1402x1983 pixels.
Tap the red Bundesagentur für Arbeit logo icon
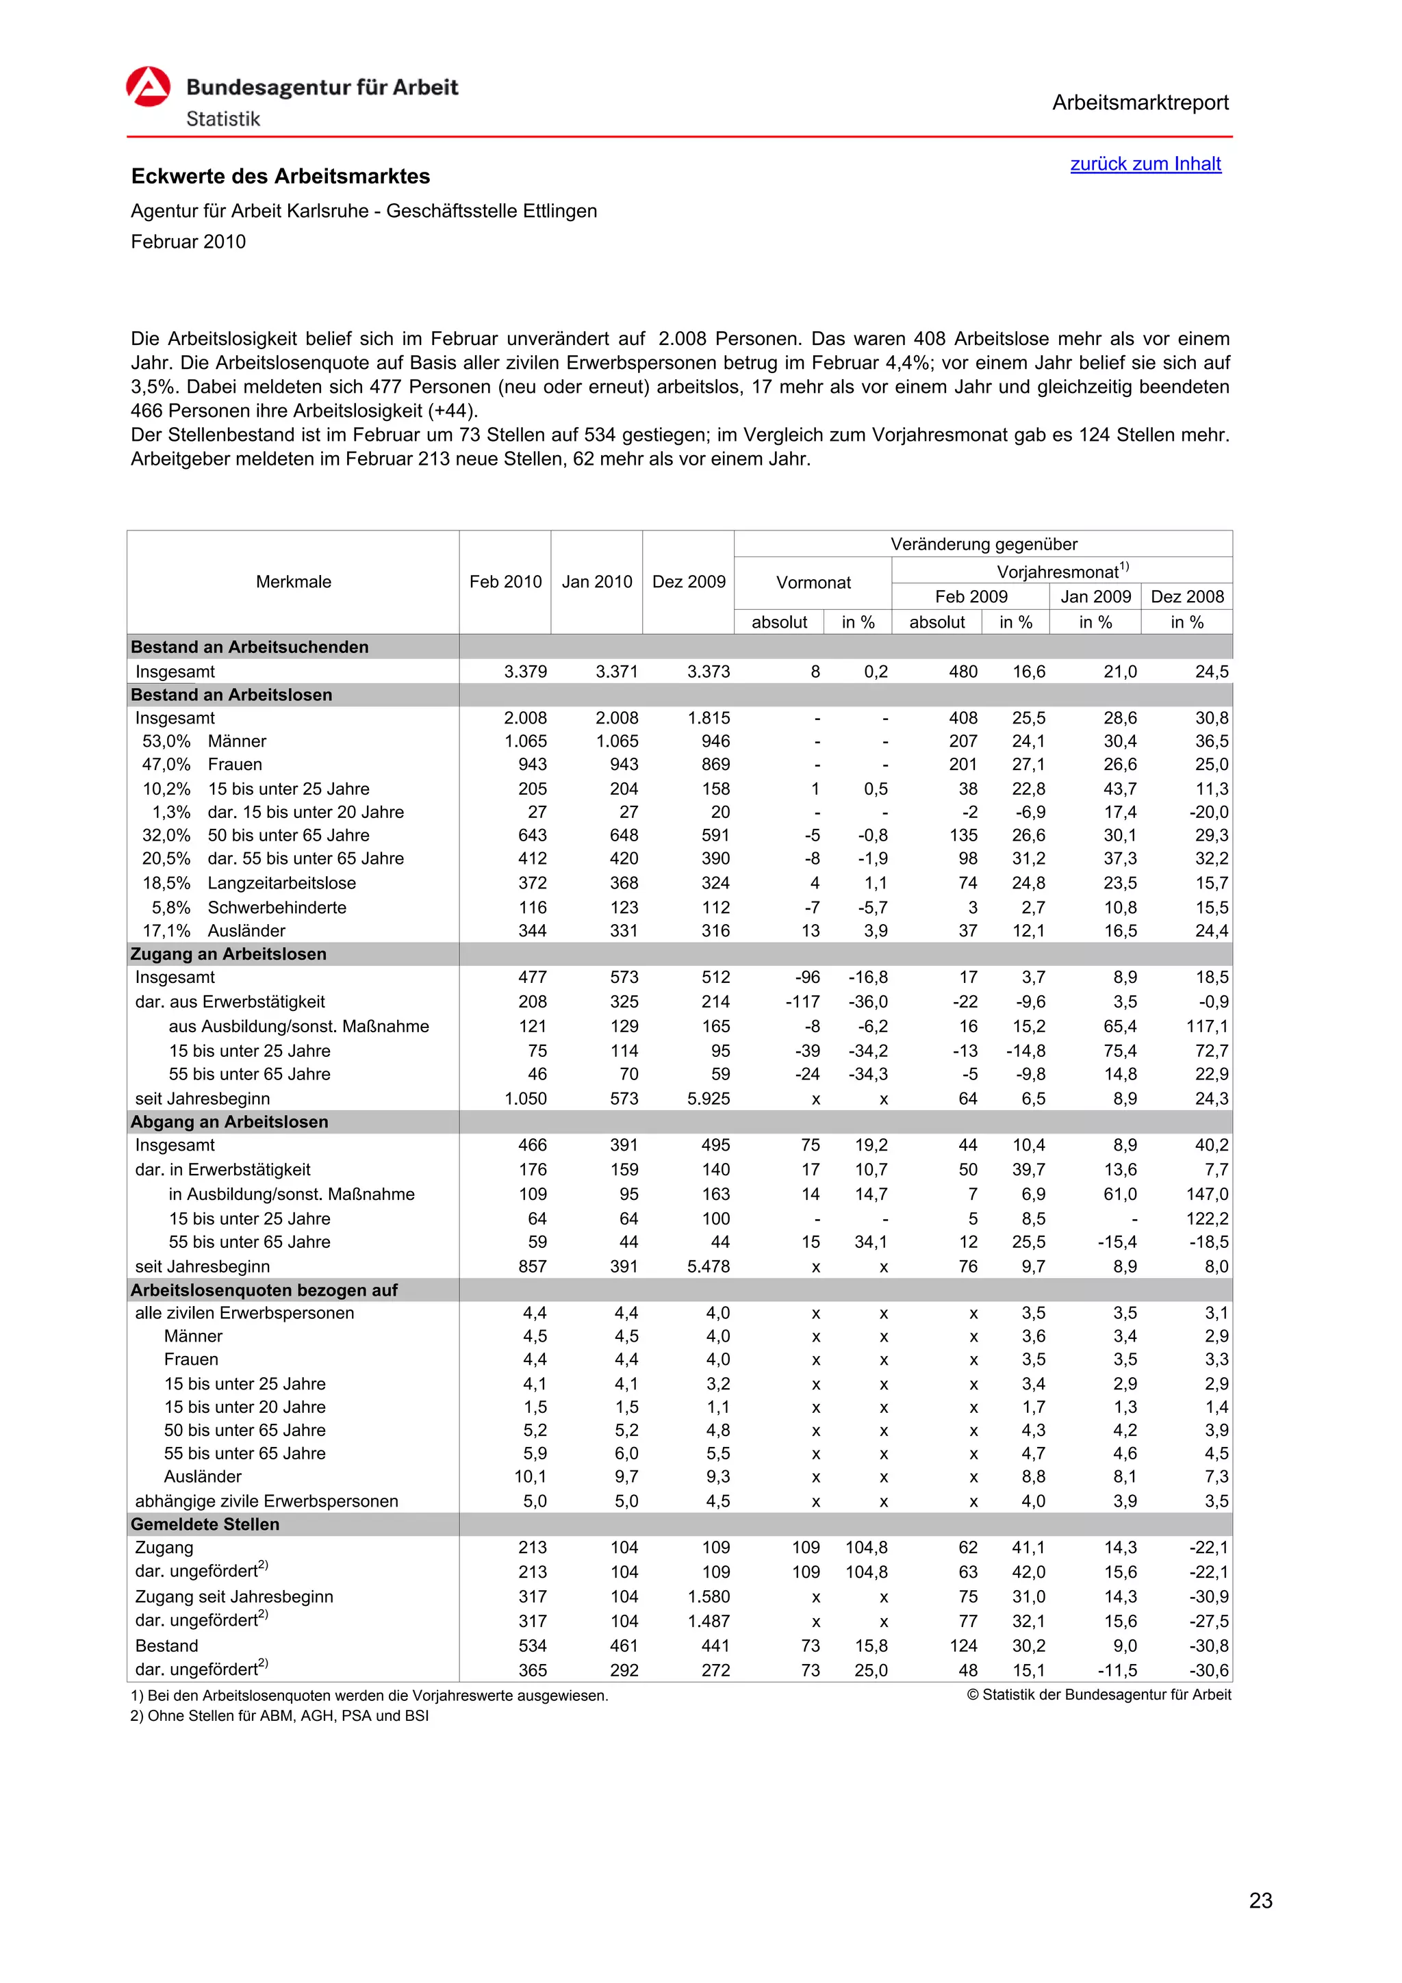(x=149, y=87)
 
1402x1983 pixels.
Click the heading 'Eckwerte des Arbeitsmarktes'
(x=280, y=176)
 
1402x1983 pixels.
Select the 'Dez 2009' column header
(x=689, y=581)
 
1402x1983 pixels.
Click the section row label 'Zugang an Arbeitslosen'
(x=228, y=954)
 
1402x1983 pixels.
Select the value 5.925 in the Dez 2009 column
(x=709, y=1099)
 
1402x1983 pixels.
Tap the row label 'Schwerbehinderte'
(x=277, y=907)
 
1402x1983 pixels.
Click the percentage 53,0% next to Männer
(x=166, y=741)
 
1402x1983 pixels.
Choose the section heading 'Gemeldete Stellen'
(x=205, y=1524)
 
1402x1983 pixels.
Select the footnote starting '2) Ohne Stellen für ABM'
(x=279, y=1715)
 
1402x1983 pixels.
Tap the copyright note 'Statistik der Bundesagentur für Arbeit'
(x=1099, y=1695)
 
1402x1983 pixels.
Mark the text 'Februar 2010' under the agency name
(x=188, y=242)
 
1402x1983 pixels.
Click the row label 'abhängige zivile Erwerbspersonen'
(x=266, y=1501)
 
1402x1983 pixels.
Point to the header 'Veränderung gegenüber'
(x=983, y=544)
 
